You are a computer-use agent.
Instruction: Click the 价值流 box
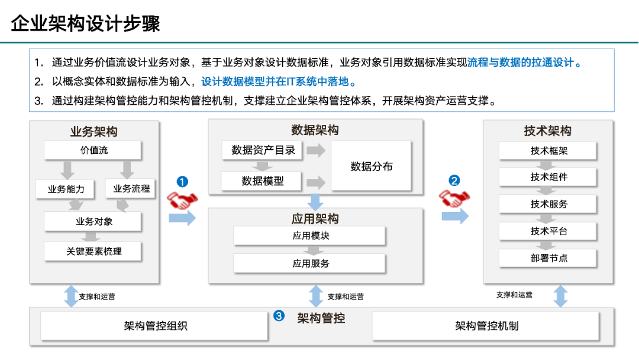click(x=93, y=150)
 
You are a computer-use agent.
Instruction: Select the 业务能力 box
click(x=66, y=189)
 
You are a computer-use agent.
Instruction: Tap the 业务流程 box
click(x=131, y=189)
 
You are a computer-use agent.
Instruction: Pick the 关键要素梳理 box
click(x=93, y=251)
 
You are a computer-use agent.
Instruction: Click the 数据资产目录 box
click(x=263, y=150)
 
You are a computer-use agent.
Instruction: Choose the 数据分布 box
click(x=371, y=166)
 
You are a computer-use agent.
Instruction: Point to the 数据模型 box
click(x=262, y=181)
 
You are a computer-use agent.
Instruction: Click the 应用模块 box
click(x=309, y=236)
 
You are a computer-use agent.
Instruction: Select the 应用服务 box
click(x=309, y=263)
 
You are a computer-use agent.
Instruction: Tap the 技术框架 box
click(x=548, y=151)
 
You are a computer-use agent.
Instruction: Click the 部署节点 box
click(x=548, y=258)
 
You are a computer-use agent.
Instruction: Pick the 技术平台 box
click(x=548, y=231)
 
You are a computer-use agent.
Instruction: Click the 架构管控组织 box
click(x=154, y=326)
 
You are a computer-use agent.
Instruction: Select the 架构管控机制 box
click(x=486, y=326)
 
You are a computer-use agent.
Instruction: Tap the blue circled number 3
click(x=279, y=316)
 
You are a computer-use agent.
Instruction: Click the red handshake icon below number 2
click(x=454, y=199)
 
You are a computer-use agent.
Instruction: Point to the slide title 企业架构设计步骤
click(x=86, y=24)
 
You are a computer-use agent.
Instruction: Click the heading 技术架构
click(x=547, y=131)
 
